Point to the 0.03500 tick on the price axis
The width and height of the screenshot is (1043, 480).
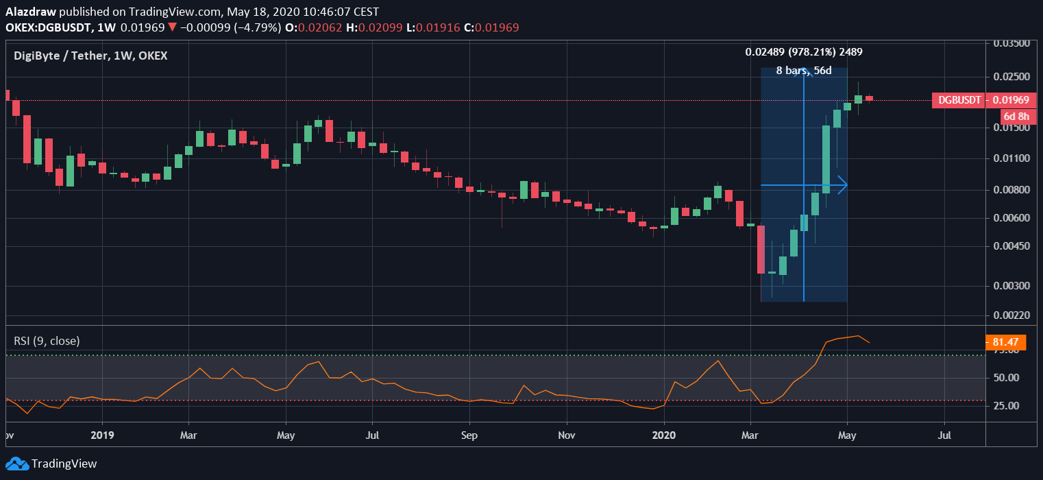[1012, 43]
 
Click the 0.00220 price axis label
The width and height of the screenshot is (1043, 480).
[1012, 315]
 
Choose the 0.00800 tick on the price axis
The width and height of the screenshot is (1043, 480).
[1012, 190]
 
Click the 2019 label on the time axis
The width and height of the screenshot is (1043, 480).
[101, 435]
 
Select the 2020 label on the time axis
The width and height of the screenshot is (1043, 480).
[665, 435]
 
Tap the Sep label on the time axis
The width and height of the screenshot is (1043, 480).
[469, 435]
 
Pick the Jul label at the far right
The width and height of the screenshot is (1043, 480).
[944, 435]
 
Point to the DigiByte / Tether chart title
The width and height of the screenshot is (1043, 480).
[90, 56]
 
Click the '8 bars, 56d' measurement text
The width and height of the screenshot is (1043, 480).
[803, 71]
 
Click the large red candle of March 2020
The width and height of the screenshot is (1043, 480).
[761, 249]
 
